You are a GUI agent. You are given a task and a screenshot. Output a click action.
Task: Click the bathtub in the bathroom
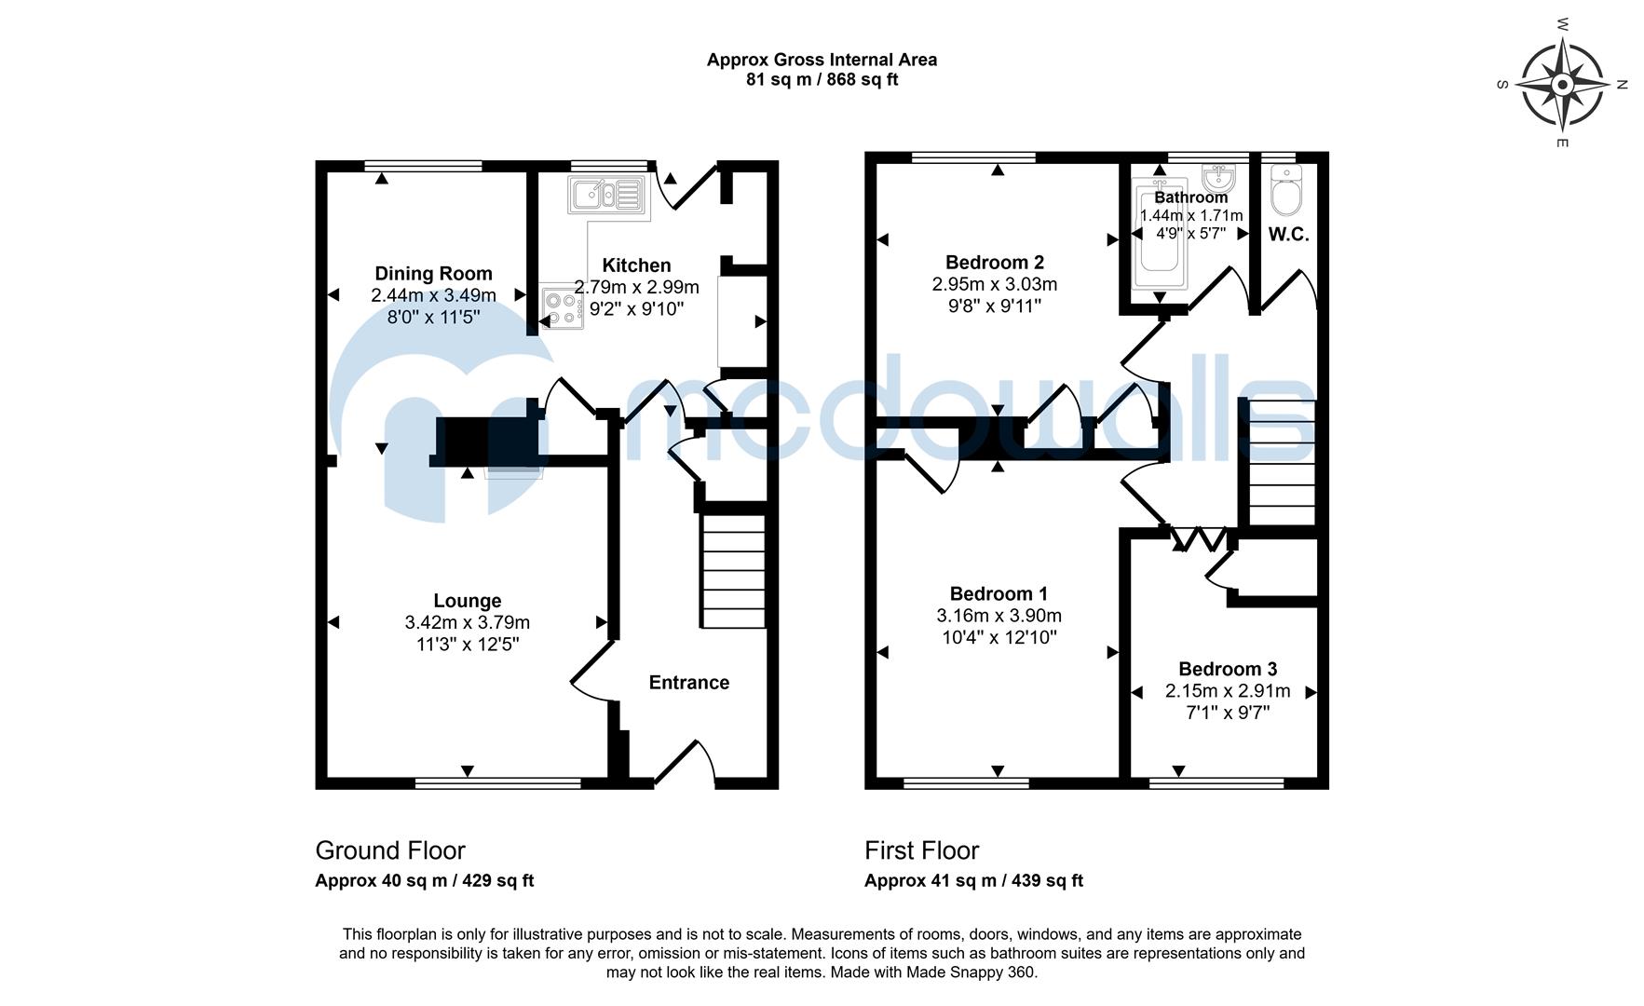(1160, 238)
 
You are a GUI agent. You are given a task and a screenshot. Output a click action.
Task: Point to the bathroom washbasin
(1218, 176)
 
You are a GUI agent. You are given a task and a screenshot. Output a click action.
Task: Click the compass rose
(1563, 86)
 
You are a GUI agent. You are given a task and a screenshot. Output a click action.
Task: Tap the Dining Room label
(433, 273)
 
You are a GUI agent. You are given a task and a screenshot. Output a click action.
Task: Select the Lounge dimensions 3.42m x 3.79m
(467, 622)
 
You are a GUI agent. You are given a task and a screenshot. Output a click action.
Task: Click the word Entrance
(688, 683)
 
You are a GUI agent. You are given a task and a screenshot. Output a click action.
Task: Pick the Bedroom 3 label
(1227, 669)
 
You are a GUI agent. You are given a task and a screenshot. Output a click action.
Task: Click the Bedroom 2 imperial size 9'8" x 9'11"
(994, 306)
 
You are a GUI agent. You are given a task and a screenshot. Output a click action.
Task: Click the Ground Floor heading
(389, 850)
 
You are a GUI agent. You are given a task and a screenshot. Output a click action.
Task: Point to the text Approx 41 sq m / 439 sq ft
(973, 880)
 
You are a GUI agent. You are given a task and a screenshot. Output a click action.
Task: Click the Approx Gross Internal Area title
(821, 60)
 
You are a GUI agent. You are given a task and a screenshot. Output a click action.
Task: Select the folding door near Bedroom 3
(1200, 539)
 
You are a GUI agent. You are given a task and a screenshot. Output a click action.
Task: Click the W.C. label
(1288, 235)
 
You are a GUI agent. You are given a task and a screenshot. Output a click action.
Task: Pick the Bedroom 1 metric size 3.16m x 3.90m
(999, 616)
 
